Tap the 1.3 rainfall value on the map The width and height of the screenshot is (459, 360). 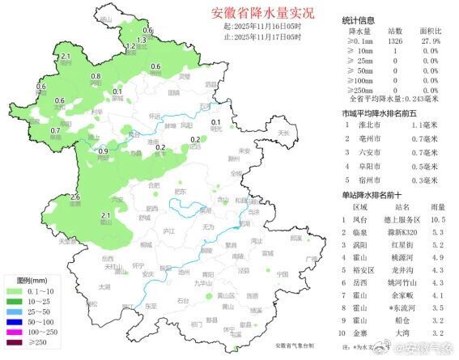tap(141, 40)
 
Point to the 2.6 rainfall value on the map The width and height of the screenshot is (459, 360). tap(75, 197)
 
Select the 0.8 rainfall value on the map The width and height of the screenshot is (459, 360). tap(96, 76)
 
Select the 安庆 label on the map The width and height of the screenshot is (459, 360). tap(148, 273)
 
